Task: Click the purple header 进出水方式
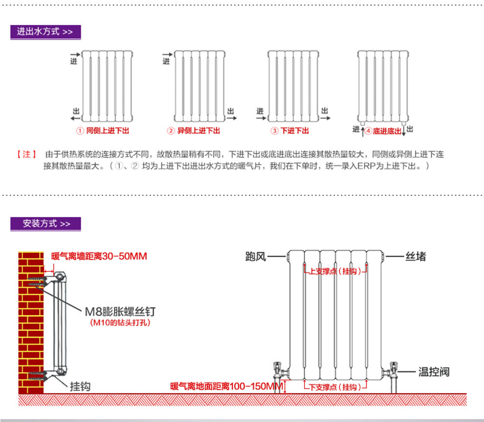pyautogui.click(x=45, y=32)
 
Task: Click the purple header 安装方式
pyautogui.click(x=46, y=224)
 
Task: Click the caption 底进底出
pyautogui.click(x=387, y=131)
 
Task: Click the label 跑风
pyautogui.click(x=255, y=256)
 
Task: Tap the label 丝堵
pyautogui.click(x=416, y=256)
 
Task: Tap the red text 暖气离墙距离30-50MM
pyautogui.click(x=99, y=256)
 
